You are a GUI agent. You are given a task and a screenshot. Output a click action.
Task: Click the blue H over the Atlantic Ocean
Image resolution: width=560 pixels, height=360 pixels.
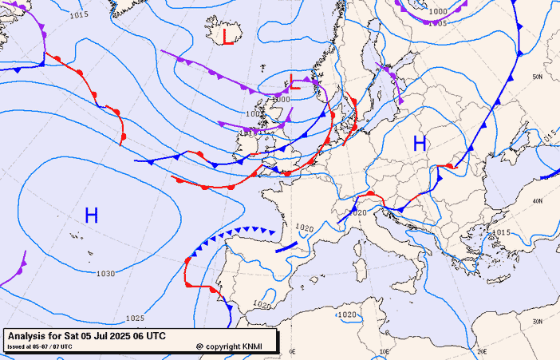91,215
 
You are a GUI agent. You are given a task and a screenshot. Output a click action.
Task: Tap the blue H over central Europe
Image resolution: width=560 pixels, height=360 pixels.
420,144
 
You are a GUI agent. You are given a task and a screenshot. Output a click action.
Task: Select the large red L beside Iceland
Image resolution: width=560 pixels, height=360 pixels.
228,36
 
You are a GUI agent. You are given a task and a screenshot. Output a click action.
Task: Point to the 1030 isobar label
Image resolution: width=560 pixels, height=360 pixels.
105,274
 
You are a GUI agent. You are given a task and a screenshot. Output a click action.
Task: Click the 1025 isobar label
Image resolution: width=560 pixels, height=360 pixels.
134,318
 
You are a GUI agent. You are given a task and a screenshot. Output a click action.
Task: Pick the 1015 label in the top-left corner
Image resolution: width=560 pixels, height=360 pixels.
79,14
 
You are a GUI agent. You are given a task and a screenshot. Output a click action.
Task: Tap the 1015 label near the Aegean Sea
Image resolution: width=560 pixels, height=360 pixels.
500,232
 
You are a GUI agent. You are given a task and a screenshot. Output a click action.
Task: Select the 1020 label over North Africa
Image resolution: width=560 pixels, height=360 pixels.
346,315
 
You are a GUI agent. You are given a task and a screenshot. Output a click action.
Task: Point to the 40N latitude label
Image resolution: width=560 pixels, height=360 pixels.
538,200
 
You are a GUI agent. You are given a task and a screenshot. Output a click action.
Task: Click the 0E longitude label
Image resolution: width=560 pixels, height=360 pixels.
292,351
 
